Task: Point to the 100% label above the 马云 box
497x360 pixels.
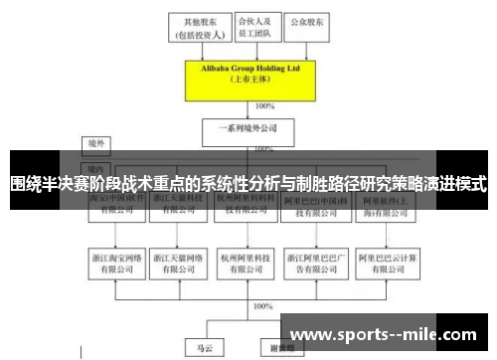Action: coord(262,308)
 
